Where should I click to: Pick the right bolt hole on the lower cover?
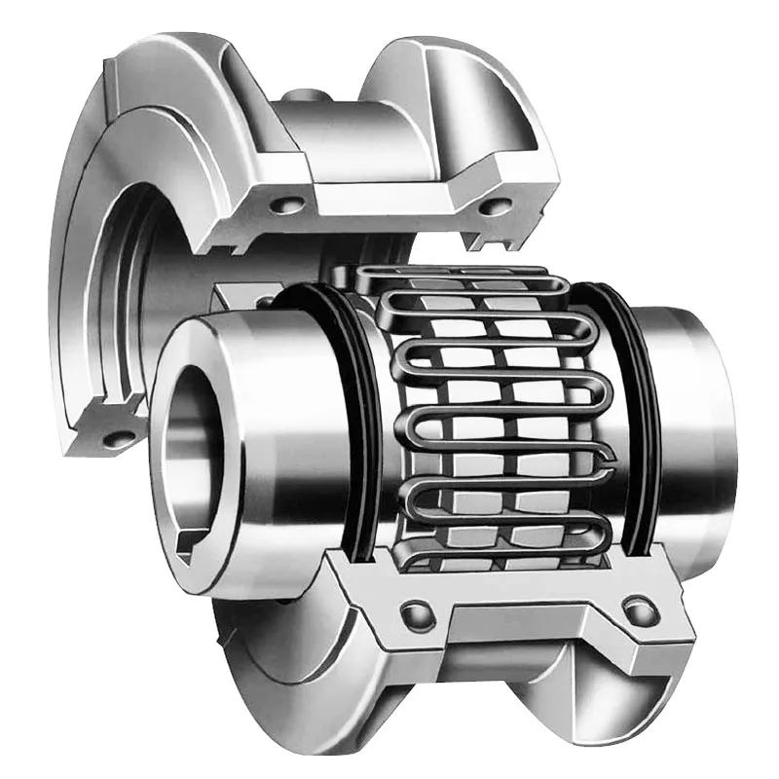(x=637, y=612)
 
